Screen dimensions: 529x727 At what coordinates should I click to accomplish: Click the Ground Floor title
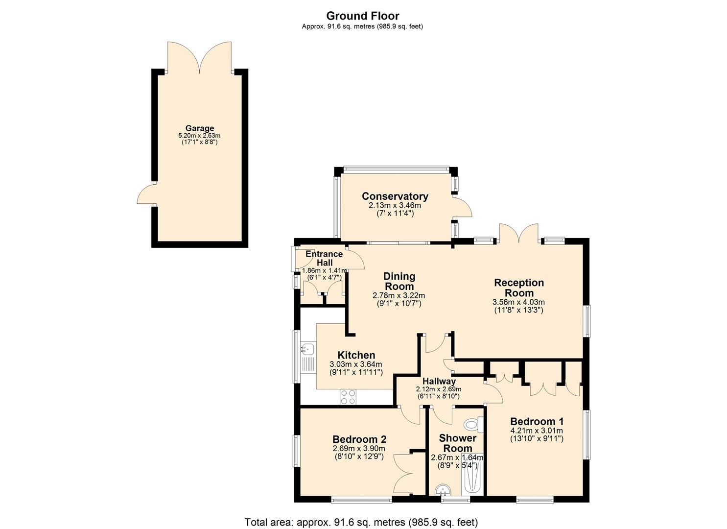point(363,16)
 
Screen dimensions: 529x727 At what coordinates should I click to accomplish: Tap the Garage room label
point(199,128)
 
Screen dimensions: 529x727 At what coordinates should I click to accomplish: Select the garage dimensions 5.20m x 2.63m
point(199,136)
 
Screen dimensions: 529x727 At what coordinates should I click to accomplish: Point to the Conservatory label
point(395,196)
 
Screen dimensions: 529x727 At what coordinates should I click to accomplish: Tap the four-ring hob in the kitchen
point(348,397)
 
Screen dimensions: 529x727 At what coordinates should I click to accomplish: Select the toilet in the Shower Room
point(473,424)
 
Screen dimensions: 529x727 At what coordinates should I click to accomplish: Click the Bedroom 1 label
point(537,421)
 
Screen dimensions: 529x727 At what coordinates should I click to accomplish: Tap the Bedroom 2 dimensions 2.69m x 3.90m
point(359,448)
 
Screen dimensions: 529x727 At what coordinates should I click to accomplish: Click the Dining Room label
point(399,282)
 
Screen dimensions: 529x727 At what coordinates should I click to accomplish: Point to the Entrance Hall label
point(324,258)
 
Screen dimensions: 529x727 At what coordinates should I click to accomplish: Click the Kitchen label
point(356,355)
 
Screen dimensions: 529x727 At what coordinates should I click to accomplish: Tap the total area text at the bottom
point(361,522)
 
